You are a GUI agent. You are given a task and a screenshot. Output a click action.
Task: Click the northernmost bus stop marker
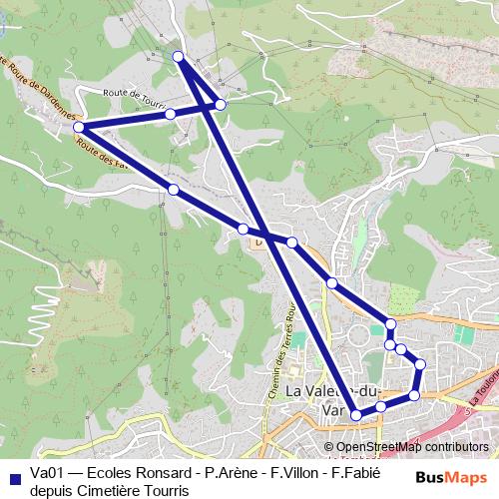tap(179, 57)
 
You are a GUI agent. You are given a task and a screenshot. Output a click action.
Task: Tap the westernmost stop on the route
tap(79, 128)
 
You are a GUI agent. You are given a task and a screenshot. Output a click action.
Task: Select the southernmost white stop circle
tap(356, 414)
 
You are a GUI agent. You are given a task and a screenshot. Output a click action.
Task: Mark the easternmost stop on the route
tap(420, 364)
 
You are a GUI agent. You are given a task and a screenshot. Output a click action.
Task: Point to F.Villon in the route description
tap(296, 473)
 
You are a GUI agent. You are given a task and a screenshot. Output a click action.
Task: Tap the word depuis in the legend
tap(51, 490)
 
